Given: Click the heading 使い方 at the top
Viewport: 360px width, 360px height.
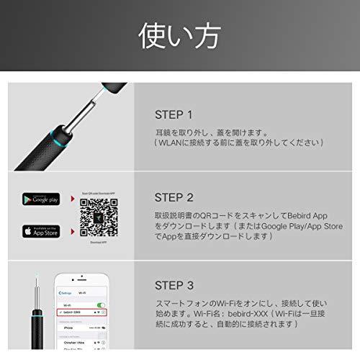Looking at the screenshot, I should pyautogui.click(x=180, y=35).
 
